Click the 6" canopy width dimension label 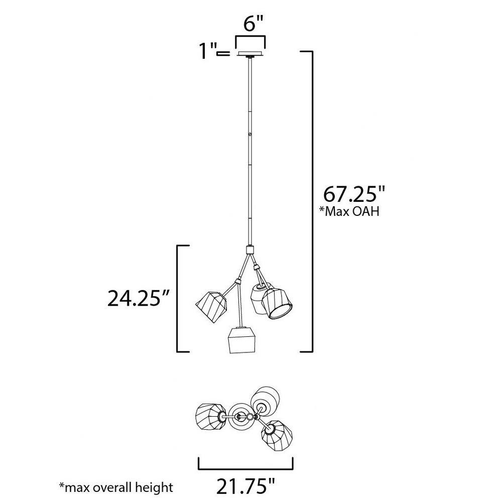click(x=253, y=24)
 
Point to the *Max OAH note click(x=349, y=211)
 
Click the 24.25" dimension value click(x=138, y=298)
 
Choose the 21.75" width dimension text click(x=246, y=486)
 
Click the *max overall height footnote click(x=116, y=487)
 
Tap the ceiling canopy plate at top click(x=250, y=54)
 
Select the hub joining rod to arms click(x=249, y=249)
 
